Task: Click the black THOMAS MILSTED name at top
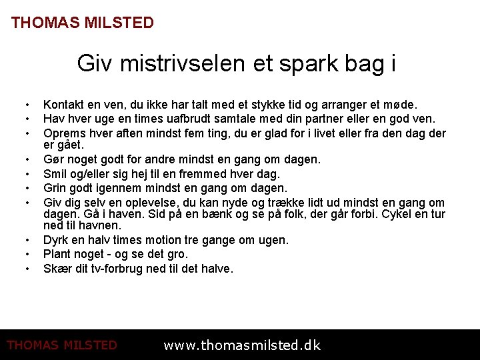(x=83, y=23)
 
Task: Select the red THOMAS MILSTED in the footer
(x=62, y=345)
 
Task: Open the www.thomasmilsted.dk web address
(x=242, y=345)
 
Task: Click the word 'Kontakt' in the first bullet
(x=64, y=105)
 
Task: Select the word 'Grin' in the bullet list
(x=55, y=188)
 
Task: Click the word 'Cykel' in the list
(x=411, y=214)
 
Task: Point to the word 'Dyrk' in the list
(x=57, y=240)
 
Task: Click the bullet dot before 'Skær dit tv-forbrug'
(x=27, y=269)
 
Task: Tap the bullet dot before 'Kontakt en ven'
(x=27, y=105)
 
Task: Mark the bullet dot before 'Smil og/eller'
(x=27, y=175)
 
